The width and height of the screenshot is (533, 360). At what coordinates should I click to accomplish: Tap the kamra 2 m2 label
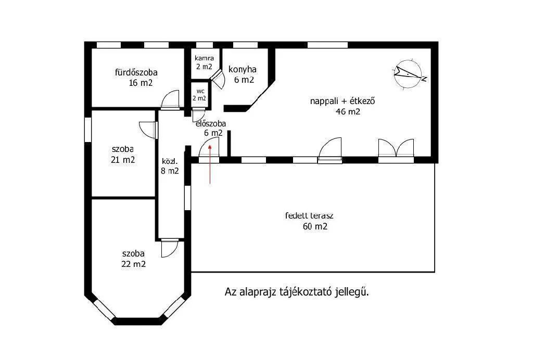[x=204, y=62]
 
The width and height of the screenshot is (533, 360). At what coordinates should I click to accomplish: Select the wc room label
[x=199, y=94]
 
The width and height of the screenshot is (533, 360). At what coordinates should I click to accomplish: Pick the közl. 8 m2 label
[x=170, y=165]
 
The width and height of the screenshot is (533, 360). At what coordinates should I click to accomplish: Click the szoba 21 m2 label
[x=122, y=155]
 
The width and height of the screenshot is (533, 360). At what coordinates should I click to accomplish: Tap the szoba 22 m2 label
[x=133, y=259]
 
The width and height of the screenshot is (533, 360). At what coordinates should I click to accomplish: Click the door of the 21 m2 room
[x=148, y=129]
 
